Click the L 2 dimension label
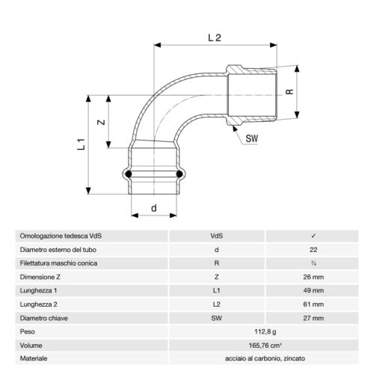tap(215, 34)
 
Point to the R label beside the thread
tap(289, 95)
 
